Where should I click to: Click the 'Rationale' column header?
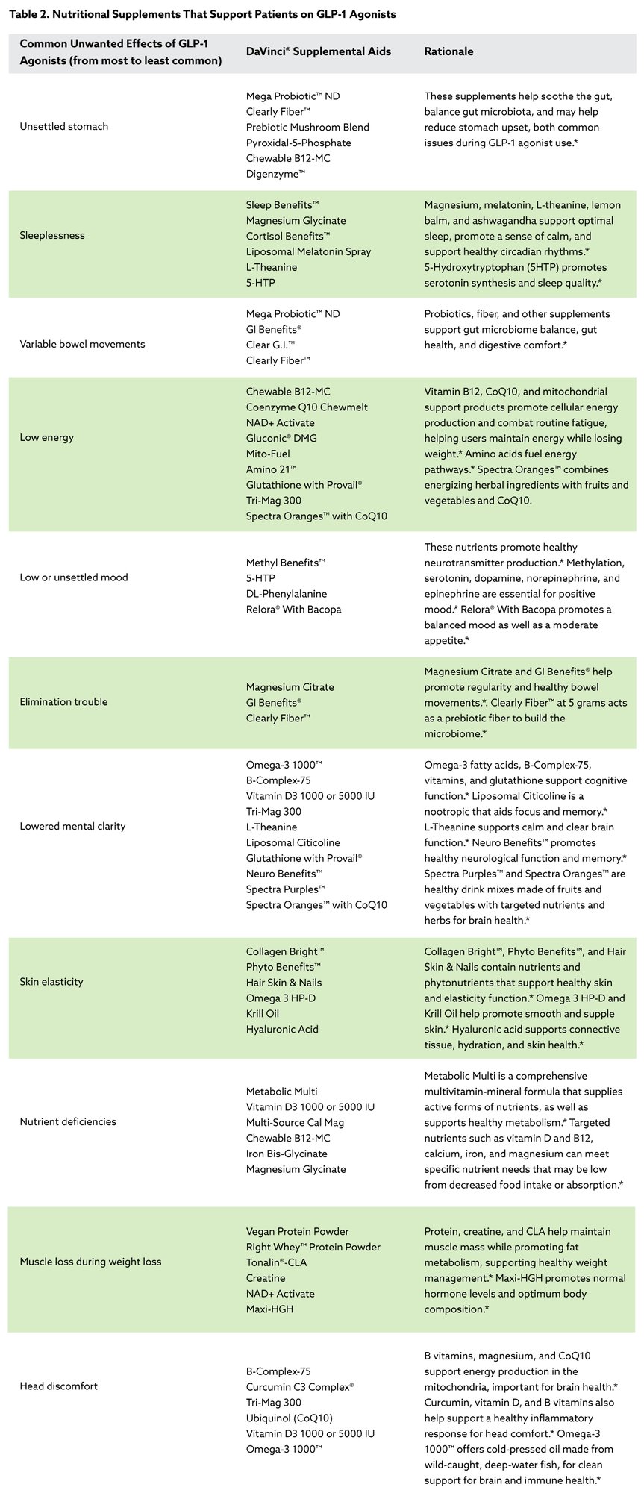click(x=448, y=51)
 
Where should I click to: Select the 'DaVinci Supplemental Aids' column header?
click(x=318, y=51)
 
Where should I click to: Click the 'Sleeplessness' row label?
click(x=52, y=236)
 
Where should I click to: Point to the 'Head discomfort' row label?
click(x=58, y=1386)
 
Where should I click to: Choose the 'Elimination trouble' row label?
click(x=63, y=702)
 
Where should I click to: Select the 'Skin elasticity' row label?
click(x=51, y=982)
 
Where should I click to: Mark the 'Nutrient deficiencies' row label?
click(x=68, y=1122)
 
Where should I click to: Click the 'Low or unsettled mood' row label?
click(x=74, y=577)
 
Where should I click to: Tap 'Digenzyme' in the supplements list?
click(x=275, y=174)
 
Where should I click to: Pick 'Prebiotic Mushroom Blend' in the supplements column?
click(x=307, y=127)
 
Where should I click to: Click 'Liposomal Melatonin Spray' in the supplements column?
click(x=308, y=251)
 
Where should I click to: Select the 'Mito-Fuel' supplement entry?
click(x=268, y=454)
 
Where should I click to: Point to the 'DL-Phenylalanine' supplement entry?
click(x=287, y=594)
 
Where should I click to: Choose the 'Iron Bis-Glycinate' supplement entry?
click(x=287, y=1154)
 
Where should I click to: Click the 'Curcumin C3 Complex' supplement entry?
click(x=299, y=1387)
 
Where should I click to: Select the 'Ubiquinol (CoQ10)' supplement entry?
click(x=290, y=1418)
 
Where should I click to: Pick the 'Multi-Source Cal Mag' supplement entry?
click(x=295, y=1122)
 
